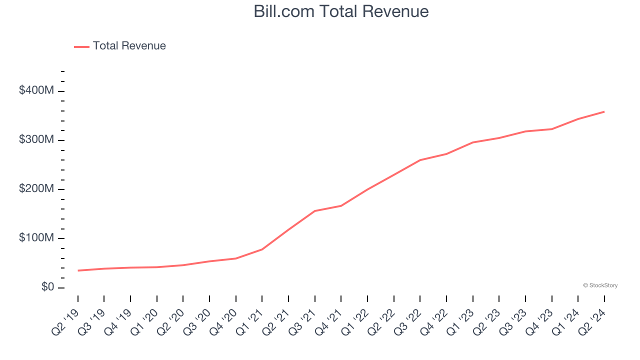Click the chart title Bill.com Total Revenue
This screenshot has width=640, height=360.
coord(341,11)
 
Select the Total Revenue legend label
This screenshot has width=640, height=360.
coord(129,46)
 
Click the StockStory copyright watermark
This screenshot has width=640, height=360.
coord(600,285)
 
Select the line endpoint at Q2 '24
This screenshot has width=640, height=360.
coord(604,111)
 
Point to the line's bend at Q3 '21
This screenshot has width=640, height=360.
coord(314,211)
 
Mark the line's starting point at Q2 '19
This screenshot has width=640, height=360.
coord(78,270)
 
